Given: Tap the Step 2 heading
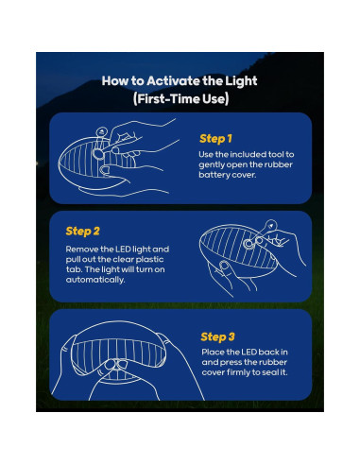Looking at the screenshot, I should [x=84, y=231].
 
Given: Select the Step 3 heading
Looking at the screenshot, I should [x=219, y=336].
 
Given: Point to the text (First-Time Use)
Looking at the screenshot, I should [x=179, y=98].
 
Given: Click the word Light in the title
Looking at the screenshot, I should [x=239, y=81].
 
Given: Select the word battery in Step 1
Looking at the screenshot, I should [x=219, y=176].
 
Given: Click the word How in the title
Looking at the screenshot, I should [x=113, y=81].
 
